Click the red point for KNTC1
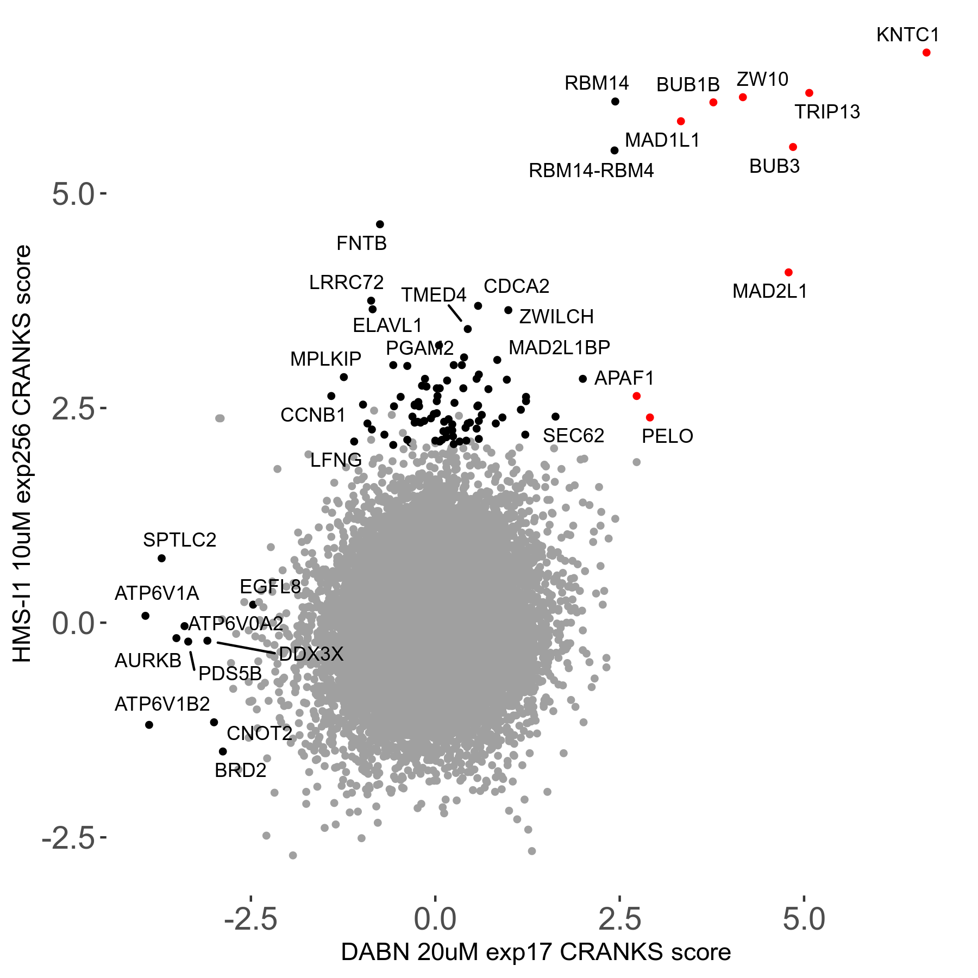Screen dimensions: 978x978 tap(926, 53)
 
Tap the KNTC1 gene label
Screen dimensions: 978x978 tap(907, 35)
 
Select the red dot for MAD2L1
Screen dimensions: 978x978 tap(788, 272)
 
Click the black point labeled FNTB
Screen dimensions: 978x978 tap(380, 224)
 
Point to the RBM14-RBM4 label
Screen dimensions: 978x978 tap(591, 171)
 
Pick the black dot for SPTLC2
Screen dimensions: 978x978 tap(161, 559)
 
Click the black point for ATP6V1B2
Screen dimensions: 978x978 tap(149, 725)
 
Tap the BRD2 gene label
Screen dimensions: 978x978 tap(240, 770)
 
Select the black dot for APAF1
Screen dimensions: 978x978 tap(582, 379)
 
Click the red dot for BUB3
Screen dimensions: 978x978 tap(793, 147)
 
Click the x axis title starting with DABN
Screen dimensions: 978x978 tap(536, 952)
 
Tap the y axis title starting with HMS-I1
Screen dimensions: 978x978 tap(23, 454)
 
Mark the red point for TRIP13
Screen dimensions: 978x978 tap(809, 93)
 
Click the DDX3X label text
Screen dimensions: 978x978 tap(311, 654)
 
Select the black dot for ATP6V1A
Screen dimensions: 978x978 tap(145, 616)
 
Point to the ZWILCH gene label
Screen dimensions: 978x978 tap(556, 317)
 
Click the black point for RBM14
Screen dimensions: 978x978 tap(615, 102)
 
